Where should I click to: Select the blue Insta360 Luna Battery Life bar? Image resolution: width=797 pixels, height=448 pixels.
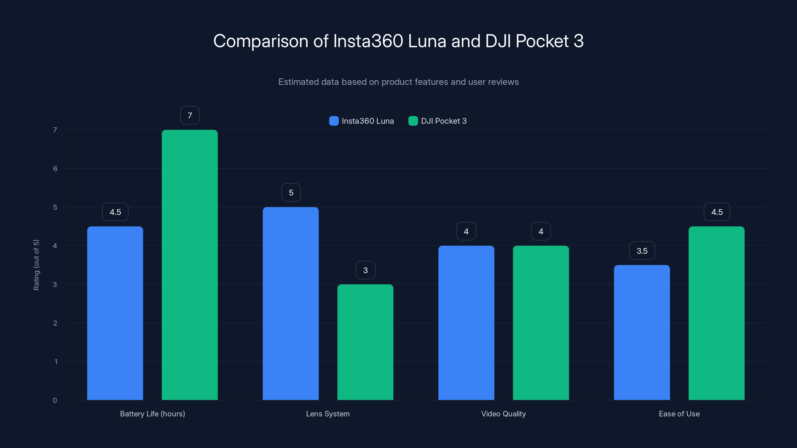click(x=115, y=313)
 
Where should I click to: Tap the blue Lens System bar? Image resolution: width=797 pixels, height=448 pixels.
click(x=290, y=303)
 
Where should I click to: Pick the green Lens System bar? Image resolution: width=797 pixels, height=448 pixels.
click(x=365, y=342)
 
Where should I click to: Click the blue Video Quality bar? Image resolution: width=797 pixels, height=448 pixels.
click(x=466, y=323)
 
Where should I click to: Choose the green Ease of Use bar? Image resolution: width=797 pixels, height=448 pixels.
click(x=716, y=313)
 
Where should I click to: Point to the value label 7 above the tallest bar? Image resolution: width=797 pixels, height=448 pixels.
click(x=190, y=115)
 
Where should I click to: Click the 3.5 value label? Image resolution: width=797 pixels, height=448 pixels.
click(x=642, y=251)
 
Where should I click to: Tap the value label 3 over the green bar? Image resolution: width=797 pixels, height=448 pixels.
click(x=365, y=270)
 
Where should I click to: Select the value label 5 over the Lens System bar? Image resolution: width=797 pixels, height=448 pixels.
click(x=291, y=193)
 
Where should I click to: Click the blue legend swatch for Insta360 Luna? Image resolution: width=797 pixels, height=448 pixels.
click(x=333, y=121)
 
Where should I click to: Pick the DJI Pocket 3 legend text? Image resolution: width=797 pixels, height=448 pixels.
click(x=443, y=121)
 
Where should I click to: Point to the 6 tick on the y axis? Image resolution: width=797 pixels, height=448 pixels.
click(x=55, y=168)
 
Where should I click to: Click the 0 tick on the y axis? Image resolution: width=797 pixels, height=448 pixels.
click(x=55, y=400)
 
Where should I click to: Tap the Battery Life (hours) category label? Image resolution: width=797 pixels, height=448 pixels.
click(x=152, y=414)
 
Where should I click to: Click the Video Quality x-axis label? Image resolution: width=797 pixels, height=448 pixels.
click(x=503, y=414)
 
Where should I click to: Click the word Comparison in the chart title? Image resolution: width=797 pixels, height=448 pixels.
click(x=261, y=41)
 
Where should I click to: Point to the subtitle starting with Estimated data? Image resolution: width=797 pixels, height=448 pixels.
click(x=398, y=82)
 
